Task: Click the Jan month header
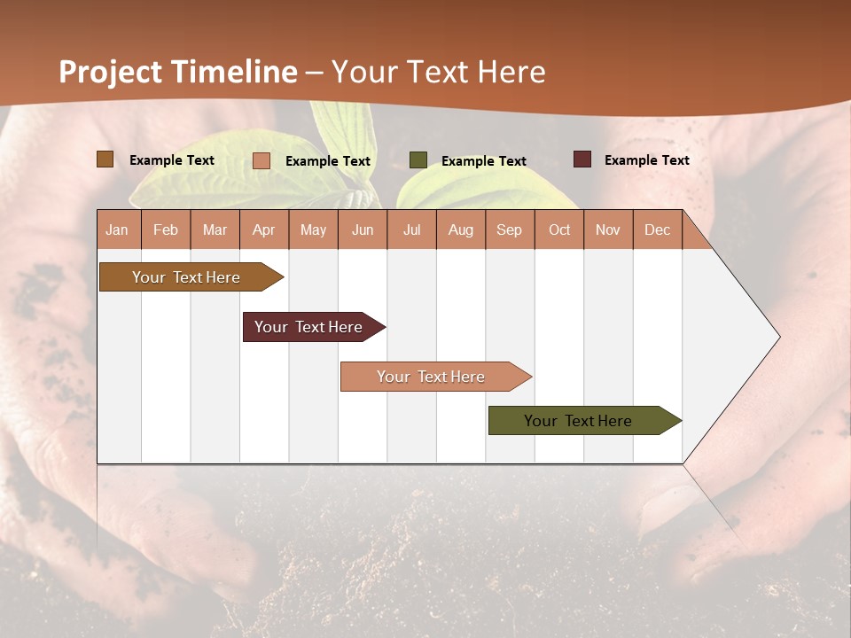(118, 230)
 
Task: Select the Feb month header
(166, 230)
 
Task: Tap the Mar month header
(215, 230)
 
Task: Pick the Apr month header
(264, 230)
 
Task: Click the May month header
(313, 230)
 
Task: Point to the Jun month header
(363, 230)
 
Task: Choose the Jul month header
(411, 230)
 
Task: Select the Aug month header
(461, 230)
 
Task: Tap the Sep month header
(510, 230)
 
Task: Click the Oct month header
(559, 230)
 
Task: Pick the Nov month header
(608, 230)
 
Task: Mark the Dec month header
(658, 230)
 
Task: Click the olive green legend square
(418, 160)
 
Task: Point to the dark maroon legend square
(582, 159)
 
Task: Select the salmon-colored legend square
(262, 160)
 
